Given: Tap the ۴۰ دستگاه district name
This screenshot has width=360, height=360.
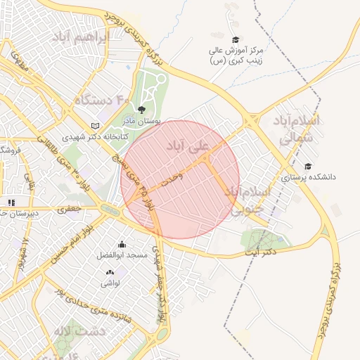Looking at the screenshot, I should (x=103, y=100).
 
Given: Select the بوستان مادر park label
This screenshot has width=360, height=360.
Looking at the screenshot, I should (x=143, y=121).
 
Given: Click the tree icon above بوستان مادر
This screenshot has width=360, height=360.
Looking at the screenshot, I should (x=142, y=110).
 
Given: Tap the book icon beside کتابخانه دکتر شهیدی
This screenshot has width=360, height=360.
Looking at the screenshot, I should (x=96, y=126).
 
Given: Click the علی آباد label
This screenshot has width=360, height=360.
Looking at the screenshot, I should (x=187, y=147).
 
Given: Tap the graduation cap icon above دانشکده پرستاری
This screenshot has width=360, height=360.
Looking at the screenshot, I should (x=307, y=167).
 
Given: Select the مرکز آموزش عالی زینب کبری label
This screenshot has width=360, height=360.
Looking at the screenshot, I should (x=236, y=56).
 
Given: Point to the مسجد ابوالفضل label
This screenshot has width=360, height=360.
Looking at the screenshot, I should (x=122, y=255).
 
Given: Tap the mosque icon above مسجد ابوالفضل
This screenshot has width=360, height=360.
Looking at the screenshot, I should (x=122, y=244).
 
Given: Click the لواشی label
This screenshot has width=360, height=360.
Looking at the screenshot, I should (x=110, y=283).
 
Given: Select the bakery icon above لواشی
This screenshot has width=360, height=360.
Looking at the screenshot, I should (x=110, y=272).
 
